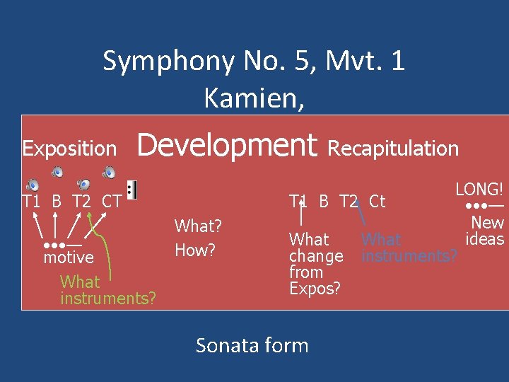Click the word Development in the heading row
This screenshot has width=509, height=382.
click(226, 146)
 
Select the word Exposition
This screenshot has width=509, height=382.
click(69, 149)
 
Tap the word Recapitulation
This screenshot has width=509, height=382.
click(393, 148)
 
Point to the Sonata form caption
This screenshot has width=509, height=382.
click(252, 345)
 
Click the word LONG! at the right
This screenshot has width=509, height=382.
click(479, 189)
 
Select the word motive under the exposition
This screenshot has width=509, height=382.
click(68, 257)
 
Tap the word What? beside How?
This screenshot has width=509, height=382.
click(198, 226)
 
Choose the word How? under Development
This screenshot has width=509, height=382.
click(195, 250)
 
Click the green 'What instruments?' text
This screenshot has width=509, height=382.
click(107, 290)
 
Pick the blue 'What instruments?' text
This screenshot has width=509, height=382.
click(409, 248)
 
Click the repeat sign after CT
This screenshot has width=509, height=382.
click(132, 190)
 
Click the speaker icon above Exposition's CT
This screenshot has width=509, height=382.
click(110, 173)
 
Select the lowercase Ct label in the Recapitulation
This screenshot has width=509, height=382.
click(377, 202)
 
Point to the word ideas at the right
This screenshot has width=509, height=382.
click(484, 239)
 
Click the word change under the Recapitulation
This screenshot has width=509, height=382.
click(315, 255)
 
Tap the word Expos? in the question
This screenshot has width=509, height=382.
click(315, 288)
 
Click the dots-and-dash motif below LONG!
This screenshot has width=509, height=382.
click(484, 206)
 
